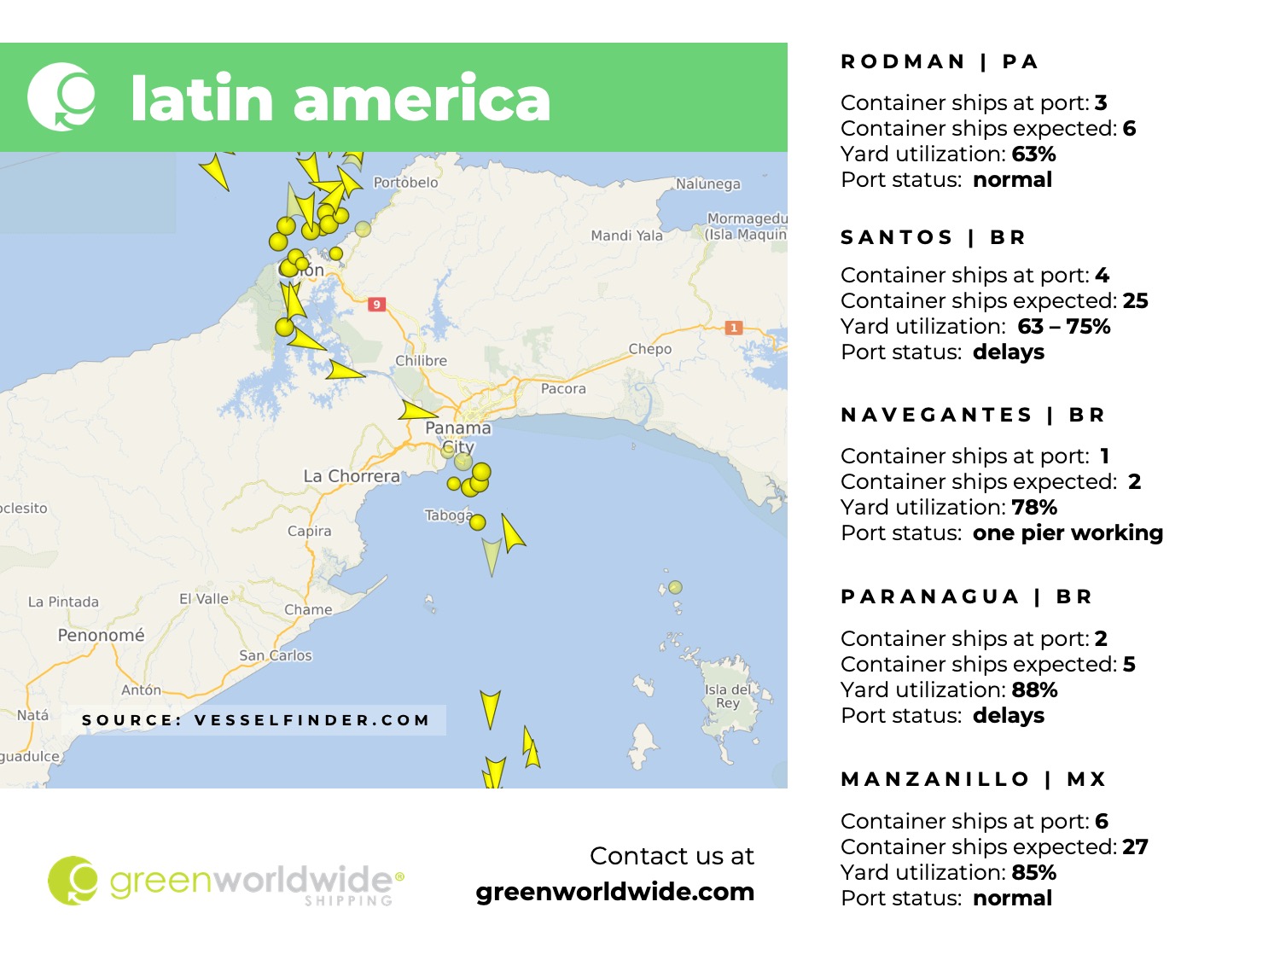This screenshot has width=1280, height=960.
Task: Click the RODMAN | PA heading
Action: (x=939, y=61)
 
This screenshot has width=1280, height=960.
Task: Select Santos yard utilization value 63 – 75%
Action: (x=1063, y=327)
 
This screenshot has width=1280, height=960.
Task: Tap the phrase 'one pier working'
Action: (x=1068, y=533)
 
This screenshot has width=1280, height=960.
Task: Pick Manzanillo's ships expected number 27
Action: (x=1135, y=847)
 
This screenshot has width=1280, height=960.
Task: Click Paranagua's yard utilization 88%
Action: (x=1034, y=689)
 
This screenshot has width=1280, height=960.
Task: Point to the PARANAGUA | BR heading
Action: (x=966, y=596)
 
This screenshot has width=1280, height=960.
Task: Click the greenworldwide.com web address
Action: (x=614, y=892)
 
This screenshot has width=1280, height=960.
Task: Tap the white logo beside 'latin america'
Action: (x=61, y=96)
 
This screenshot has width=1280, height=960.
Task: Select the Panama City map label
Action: (x=458, y=436)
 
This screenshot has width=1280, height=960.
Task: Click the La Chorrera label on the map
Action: (x=352, y=476)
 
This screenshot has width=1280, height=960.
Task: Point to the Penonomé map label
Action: (x=101, y=635)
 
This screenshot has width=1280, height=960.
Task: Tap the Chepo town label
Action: (x=649, y=349)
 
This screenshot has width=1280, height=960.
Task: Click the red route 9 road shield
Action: (x=376, y=305)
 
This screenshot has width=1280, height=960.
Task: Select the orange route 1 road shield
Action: (x=733, y=328)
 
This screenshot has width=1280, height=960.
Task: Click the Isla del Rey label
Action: (x=728, y=695)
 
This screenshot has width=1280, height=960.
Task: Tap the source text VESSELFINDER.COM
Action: (x=311, y=720)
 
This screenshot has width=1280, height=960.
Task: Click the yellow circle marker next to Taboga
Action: (x=478, y=522)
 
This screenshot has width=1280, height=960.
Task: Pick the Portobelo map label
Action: (x=405, y=182)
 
